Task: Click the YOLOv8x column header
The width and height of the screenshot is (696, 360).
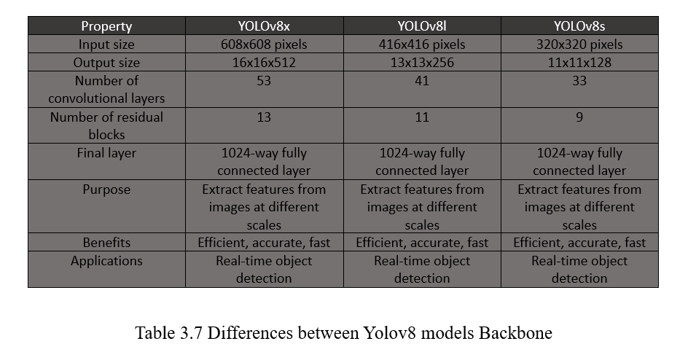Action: [x=264, y=26]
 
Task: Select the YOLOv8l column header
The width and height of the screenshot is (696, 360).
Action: [x=422, y=26]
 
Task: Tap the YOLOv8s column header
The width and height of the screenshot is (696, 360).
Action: [x=579, y=26]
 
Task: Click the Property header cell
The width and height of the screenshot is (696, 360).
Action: [x=106, y=26]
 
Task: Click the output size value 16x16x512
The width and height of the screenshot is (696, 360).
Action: [x=264, y=63]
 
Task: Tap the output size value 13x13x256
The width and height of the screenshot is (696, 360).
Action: [x=422, y=63]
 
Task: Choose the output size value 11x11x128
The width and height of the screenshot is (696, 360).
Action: [x=579, y=63]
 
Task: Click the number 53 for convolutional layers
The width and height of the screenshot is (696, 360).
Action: [x=264, y=81]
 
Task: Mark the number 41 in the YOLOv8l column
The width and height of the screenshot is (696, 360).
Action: [x=422, y=81]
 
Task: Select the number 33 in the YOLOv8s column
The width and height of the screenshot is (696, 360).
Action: [x=579, y=81]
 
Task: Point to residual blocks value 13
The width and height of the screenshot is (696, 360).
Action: [x=264, y=117]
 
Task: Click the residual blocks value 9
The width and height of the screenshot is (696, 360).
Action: [x=579, y=117]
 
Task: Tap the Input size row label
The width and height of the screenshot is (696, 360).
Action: [x=106, y=44]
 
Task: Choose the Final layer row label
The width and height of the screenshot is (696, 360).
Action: [x=106, y=153]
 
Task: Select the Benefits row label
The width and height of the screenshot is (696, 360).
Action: [x=106, y=243]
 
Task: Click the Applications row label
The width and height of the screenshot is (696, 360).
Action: [x=106, y=261]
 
